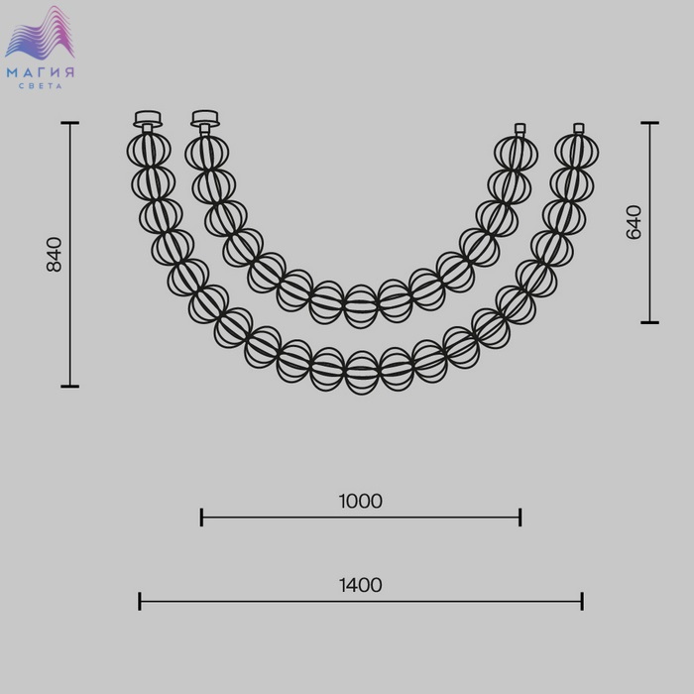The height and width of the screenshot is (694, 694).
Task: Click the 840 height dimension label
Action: pos(55,255)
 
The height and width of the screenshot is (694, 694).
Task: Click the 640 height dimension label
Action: pos(634,222)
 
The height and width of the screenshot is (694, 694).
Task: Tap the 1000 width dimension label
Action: pos(360,501)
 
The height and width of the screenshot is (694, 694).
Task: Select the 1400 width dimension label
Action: pos(360,585)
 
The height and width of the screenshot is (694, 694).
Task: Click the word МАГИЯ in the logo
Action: pos(41,72)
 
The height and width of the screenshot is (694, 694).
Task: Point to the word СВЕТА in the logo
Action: pos(41,86)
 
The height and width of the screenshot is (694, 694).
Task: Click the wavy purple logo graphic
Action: pos(41,33)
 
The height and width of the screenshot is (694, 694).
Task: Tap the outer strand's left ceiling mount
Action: pos(148,120)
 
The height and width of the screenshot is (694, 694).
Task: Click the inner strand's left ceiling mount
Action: pos(205,120)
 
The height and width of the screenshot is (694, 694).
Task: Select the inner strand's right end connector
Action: pos(520,129)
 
